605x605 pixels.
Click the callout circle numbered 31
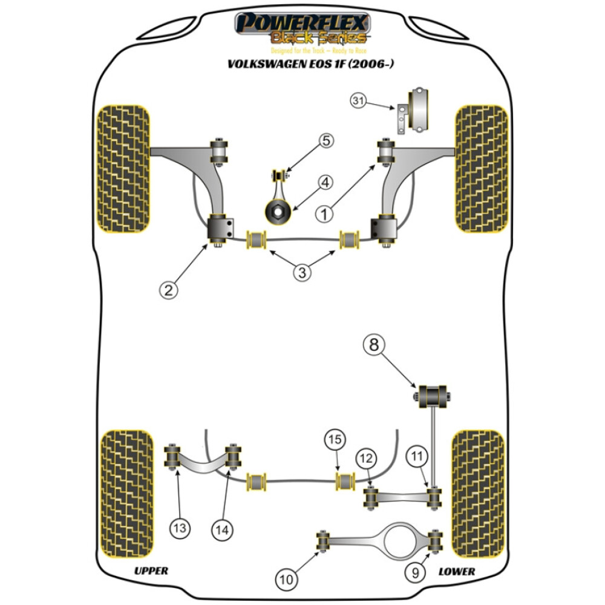pyautogui.click(x=358, y=102)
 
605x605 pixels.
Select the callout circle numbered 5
pyautogui.click(x=326, y=142)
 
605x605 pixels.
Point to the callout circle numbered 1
pyautogui.click(x=325, y=214)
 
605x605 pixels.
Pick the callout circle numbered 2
pyautogui.click(x=169, y=290)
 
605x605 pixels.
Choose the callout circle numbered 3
pyautogui.click(x=302, y=272)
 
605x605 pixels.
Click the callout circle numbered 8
pyautogui.click(x=373, y=345)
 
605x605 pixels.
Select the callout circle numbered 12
pyautogui.click(x=365, y=459)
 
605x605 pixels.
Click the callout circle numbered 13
pyautogui.click(x=180, y=529)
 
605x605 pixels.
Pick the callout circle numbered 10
pyautogui.click(x=286, y=580)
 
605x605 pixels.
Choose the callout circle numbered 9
pyautogui.click(x=414, y=572)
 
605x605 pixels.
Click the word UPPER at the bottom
pyautogui.click(x=151, y=571)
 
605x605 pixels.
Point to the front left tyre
pyautogui.click(x=123, y=169)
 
